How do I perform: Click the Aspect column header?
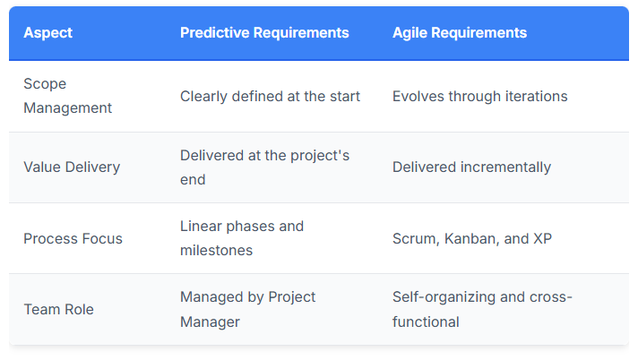point(48,32)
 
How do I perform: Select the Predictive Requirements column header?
point(264,32)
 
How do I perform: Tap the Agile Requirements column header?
point(460,32)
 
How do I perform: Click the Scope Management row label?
point(67,96)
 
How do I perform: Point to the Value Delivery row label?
point(72,167)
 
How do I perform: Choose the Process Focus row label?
point(73,238)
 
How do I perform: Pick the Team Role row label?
point(58,310)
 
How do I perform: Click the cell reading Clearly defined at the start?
point(271,97)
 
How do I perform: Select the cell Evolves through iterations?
point(479,97)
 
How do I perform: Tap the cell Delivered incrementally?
point(471,167)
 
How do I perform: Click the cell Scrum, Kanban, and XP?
point(472,238)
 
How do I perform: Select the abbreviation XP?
point(542,238)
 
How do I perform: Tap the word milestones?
point(217,251)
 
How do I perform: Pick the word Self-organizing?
point(444,297)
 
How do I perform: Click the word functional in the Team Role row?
point(426,321)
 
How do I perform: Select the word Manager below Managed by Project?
point(210,322)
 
